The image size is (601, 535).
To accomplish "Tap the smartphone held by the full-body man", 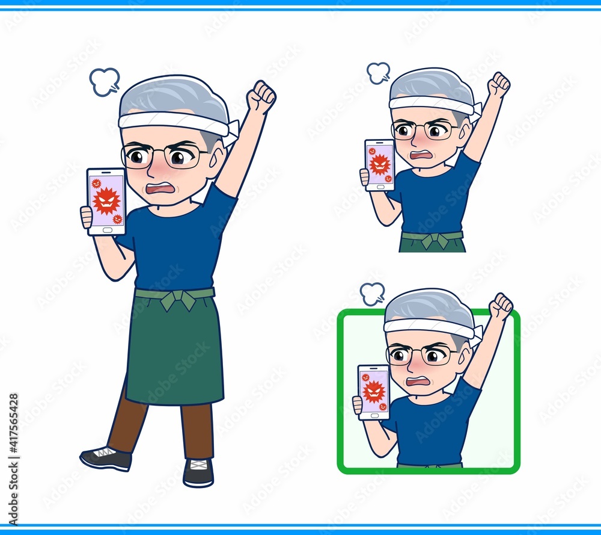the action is (106, 202).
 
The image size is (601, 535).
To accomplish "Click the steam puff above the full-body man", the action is (104, 82).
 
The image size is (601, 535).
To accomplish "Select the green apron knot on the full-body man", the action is (178, 300).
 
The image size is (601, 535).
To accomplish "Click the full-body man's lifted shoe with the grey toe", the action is (105, 459).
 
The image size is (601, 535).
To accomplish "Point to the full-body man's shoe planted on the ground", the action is (198, 472).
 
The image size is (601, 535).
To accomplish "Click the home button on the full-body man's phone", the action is (108, 230).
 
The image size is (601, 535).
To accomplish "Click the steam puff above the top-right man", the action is (378, 73).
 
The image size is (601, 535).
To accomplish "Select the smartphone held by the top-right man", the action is (379, 165).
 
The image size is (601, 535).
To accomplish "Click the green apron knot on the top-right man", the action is (433, 240).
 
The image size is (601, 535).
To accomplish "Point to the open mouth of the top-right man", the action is (421, 155).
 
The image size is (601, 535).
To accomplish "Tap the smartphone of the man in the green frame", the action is (374, 392).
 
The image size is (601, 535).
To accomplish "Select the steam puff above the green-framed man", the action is (372, 294).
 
